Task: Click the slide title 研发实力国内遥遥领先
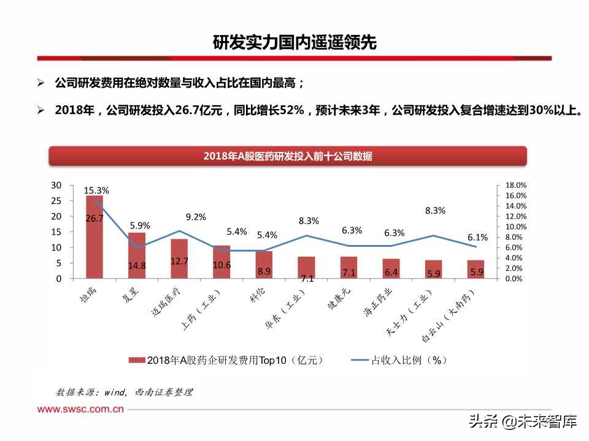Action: (x=294, y=43)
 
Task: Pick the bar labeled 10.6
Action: (x=221, y=264)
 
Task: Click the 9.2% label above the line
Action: (x=196, y=217)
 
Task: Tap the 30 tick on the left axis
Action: (x=56, y=185)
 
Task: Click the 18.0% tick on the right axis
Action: (x=516, y=185)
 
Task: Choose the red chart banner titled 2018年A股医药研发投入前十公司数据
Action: (x=288, y=156)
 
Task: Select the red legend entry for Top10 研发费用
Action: (x=227, y=360)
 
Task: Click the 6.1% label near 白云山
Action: (x=477, y=237)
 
